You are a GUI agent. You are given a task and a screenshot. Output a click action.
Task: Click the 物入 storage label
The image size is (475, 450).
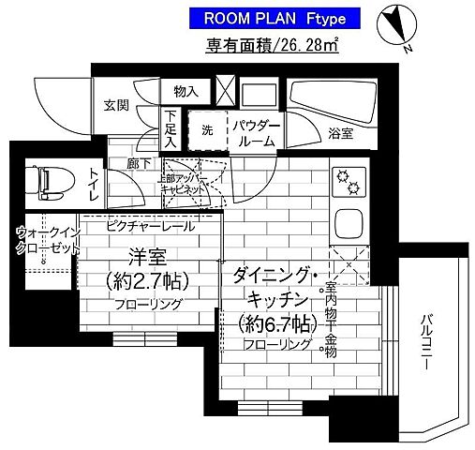point(186,91)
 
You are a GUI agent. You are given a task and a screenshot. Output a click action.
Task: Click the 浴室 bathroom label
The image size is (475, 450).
point(341,132)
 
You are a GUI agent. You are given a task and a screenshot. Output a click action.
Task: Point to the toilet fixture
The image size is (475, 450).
point(44,180)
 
